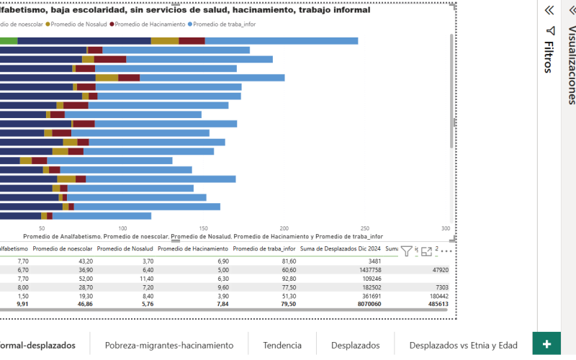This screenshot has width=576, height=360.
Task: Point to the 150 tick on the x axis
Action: coord(204,228)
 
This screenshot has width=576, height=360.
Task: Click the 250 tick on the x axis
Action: coord(366,228)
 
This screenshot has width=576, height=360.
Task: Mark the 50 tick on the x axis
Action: coord(42,228)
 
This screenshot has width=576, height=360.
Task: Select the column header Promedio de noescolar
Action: coord(63,248)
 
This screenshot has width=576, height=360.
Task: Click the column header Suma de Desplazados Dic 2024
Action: coord(340,248)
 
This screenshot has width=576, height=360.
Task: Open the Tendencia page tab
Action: coord(282,346)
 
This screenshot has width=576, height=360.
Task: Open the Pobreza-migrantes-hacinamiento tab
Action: coord(168,346)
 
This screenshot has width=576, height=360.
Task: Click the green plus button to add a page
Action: coord(546,343)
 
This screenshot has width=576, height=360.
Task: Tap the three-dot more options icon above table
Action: coord(446,251)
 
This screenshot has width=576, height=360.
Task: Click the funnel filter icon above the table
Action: coord(406,251)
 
